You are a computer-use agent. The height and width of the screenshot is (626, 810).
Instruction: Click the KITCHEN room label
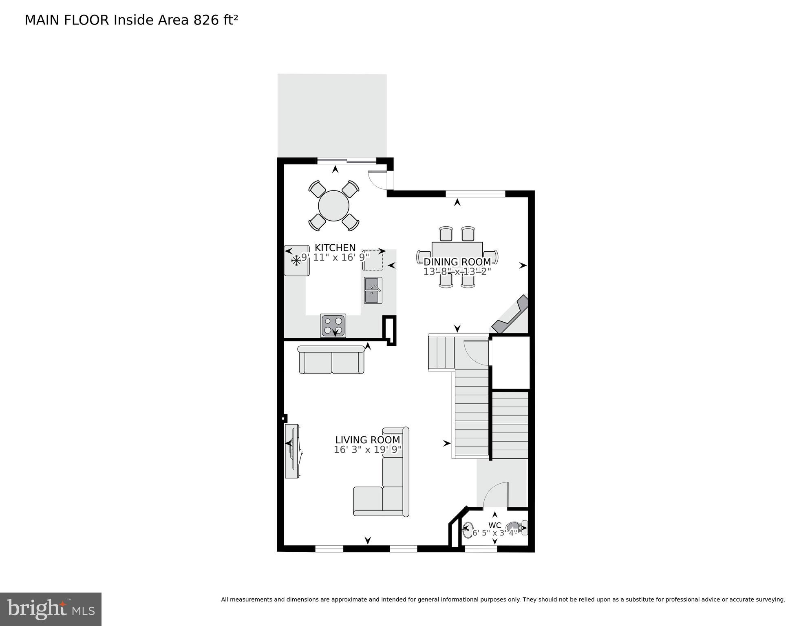point(335,248)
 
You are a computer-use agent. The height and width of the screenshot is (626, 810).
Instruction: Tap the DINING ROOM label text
point(457,262)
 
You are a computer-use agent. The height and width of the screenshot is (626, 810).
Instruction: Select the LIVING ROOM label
point(367,440)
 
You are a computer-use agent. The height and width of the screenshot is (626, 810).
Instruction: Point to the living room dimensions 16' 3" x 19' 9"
point(367,449)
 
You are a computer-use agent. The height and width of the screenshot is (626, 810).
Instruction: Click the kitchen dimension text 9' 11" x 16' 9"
point(335,257)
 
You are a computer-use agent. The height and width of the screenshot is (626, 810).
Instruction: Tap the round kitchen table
point(333,206)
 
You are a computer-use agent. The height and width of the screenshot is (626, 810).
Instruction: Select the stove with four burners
point(333,325)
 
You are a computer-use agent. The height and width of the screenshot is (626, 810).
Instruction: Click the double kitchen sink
point(373,290)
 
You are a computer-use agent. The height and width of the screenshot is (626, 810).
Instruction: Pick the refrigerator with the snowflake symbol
point(296,261)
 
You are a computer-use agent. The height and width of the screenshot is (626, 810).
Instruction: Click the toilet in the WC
point(516,528)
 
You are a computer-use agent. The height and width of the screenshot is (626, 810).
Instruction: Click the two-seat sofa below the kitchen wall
point(331,360)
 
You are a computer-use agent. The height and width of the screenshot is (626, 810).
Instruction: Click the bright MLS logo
point(51,609)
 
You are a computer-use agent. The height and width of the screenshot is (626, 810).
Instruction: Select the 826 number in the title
point(206,20)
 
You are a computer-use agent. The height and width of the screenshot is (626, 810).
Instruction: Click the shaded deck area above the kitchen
point(332,115)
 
